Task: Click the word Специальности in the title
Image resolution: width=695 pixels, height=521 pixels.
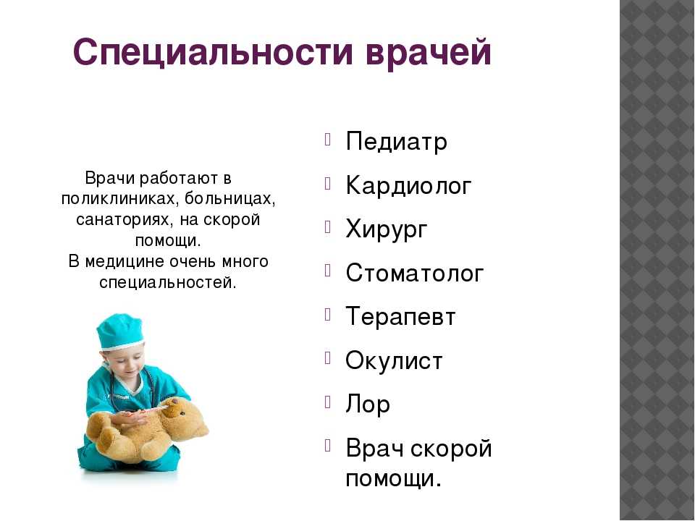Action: (x=213, y=52)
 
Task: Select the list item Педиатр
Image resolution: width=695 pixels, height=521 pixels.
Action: (x=396, y=142)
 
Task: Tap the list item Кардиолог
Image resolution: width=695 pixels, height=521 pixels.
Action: (x=408, y=186)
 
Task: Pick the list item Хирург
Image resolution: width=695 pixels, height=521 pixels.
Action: (x=387, y=229)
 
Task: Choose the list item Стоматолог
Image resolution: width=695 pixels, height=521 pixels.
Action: (x=414, y=273)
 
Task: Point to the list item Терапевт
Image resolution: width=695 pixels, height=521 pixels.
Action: (x=400, y=317)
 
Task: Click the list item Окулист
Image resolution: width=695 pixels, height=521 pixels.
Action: (x=394, y=360)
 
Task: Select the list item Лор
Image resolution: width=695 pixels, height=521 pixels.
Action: (x=368, y=404)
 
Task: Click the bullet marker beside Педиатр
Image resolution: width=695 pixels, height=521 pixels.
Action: (x=327, y=140)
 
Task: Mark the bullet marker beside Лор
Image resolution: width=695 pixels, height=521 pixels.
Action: (x=327, y=402)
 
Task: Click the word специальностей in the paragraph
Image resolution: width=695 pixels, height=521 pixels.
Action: (x=167, y=282)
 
